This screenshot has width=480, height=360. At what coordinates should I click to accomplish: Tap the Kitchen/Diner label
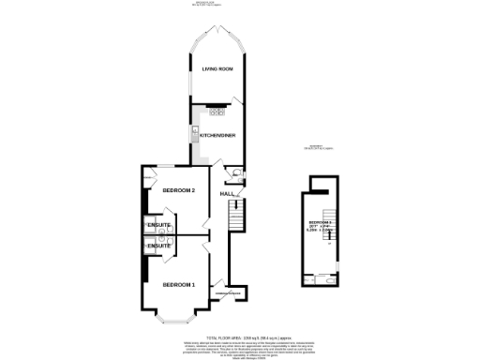coord(218,136)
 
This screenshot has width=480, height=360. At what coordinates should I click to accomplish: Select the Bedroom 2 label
coord(178,191)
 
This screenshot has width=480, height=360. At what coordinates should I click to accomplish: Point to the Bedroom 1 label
coord(178,284)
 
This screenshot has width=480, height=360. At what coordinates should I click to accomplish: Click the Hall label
coord(227,194)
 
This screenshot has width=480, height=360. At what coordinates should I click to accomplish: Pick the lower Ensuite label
coord(157,246)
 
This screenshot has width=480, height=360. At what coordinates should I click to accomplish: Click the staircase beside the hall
coord(237,217)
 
